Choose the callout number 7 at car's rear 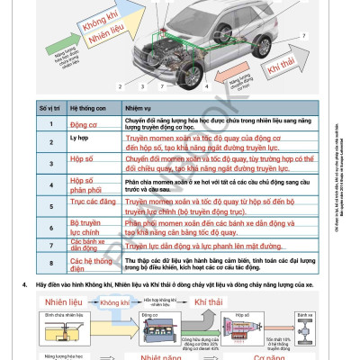point(308,35)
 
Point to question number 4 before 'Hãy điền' point(27,284)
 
